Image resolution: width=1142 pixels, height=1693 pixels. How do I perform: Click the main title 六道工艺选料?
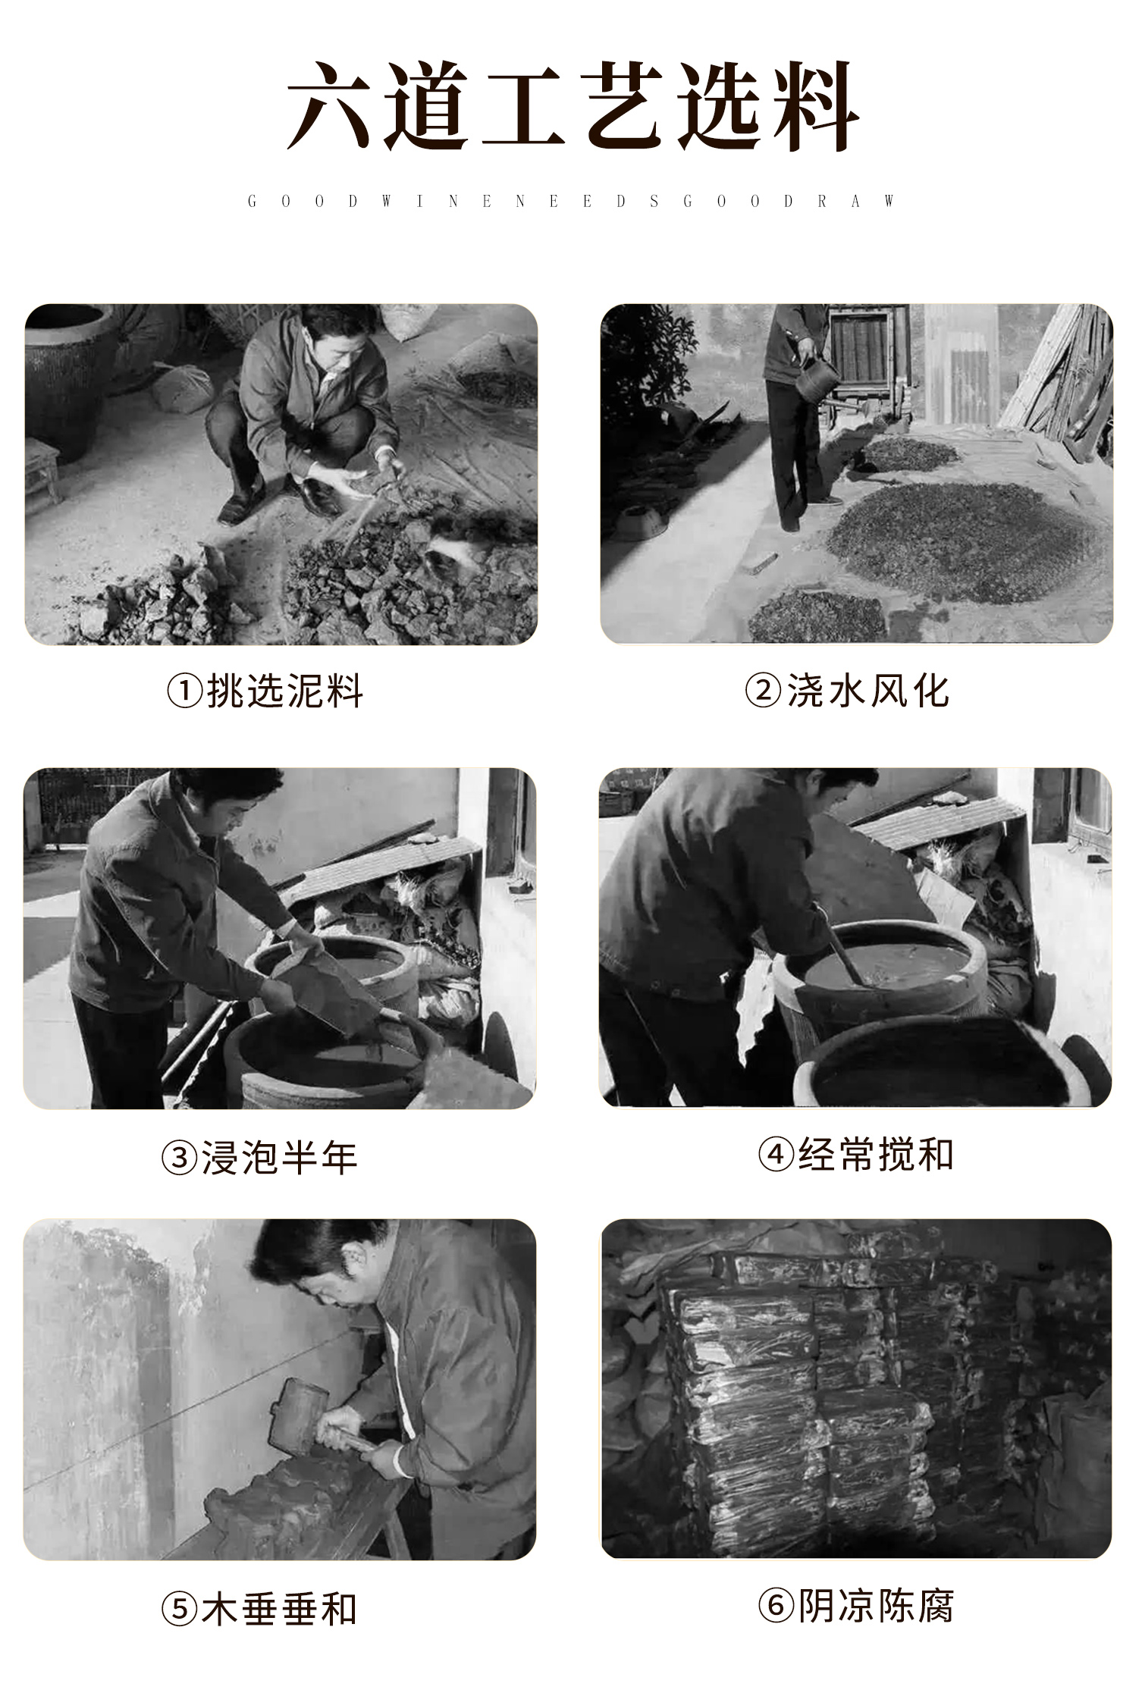[573, 106]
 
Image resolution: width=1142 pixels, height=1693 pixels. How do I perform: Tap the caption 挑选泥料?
[285, 691]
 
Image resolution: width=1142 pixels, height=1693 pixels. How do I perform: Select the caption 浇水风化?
[867, 691]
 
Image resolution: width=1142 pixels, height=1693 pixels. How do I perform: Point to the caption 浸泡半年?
[279, 1158]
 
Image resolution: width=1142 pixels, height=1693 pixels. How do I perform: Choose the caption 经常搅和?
[876, 1155]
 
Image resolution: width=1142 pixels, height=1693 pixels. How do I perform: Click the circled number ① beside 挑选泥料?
[185, 691]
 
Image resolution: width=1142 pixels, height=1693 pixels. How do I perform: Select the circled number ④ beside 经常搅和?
[776, 1155]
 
